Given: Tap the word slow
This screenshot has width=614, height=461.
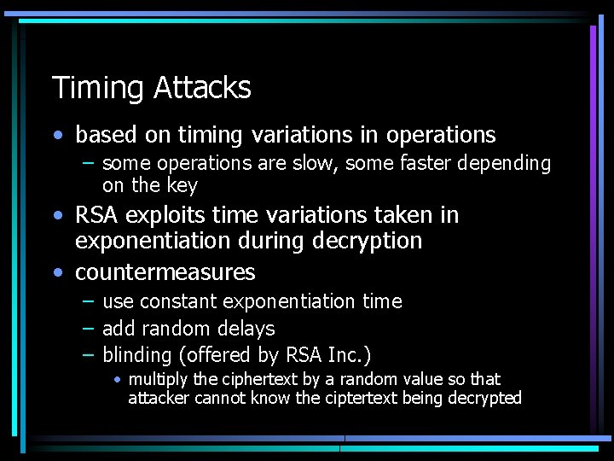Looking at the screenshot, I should click(x=320, y=163).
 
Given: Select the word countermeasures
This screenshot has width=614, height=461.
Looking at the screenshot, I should click(x=165, y=272).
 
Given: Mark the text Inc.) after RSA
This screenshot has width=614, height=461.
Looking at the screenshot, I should click(x=349, y=354).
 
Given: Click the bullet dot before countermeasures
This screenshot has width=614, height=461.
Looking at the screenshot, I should click(x=57, y=273).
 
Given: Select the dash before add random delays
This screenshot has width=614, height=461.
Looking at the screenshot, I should click(x=88, y=328).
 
